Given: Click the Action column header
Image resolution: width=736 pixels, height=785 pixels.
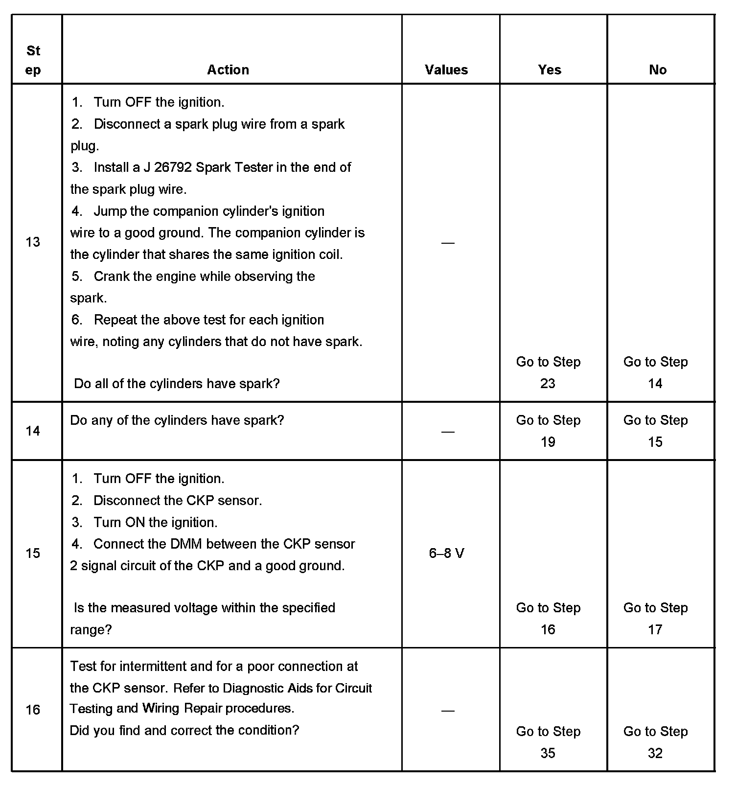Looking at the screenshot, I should (x=228, y=70).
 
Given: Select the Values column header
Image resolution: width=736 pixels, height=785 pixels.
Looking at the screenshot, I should (x=446, y=70).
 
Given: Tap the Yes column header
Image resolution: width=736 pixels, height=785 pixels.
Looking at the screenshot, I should (x=550, y=70).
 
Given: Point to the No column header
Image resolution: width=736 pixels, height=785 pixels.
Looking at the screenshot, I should (x=658, y=70).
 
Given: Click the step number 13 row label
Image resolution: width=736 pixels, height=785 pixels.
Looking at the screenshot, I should (x=33, y=242).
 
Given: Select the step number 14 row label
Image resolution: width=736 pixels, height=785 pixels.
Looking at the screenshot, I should (x=33, y=431).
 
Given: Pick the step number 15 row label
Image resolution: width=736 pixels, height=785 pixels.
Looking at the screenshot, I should (x=33, y=554).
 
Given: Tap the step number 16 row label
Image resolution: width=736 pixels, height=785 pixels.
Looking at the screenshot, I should (x=33, y=710).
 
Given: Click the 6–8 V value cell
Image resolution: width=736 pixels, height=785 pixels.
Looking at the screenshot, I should (x=446, y=554).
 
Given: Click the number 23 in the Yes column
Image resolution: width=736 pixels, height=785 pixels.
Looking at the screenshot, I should (x=548, y=384).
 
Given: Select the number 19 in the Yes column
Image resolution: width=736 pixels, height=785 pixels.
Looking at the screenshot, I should (x=548, y=442).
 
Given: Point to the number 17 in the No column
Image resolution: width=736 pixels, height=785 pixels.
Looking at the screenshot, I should (x=655, y=630).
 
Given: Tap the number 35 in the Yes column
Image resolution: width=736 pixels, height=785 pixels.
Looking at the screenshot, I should (x=548, y=753).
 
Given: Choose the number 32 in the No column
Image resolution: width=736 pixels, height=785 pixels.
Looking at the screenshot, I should (x=655, y=753).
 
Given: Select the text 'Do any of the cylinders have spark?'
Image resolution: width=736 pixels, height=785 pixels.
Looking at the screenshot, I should (x=177, y=420).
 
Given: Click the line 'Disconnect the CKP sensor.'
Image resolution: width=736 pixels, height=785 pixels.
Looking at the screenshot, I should (x=178, y=501).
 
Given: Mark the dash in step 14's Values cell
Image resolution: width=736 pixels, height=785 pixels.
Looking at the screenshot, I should (x=448, y=432).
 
